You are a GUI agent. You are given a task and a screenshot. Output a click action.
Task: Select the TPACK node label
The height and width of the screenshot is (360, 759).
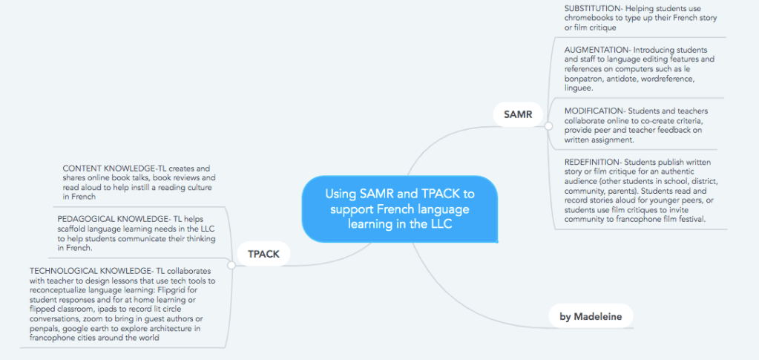click(263, 254)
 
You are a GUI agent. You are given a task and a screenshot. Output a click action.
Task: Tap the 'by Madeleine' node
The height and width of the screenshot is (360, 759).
click(590, 316)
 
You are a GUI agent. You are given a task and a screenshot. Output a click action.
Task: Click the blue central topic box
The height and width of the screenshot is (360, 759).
click(399, 209)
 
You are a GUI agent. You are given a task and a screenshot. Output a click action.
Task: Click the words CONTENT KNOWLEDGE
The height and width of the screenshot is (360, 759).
click(112, 168)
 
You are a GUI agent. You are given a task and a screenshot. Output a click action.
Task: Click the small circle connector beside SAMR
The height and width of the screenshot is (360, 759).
click(548, 126)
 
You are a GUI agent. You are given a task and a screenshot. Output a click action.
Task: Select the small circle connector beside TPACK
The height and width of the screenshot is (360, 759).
click(233, 264)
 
